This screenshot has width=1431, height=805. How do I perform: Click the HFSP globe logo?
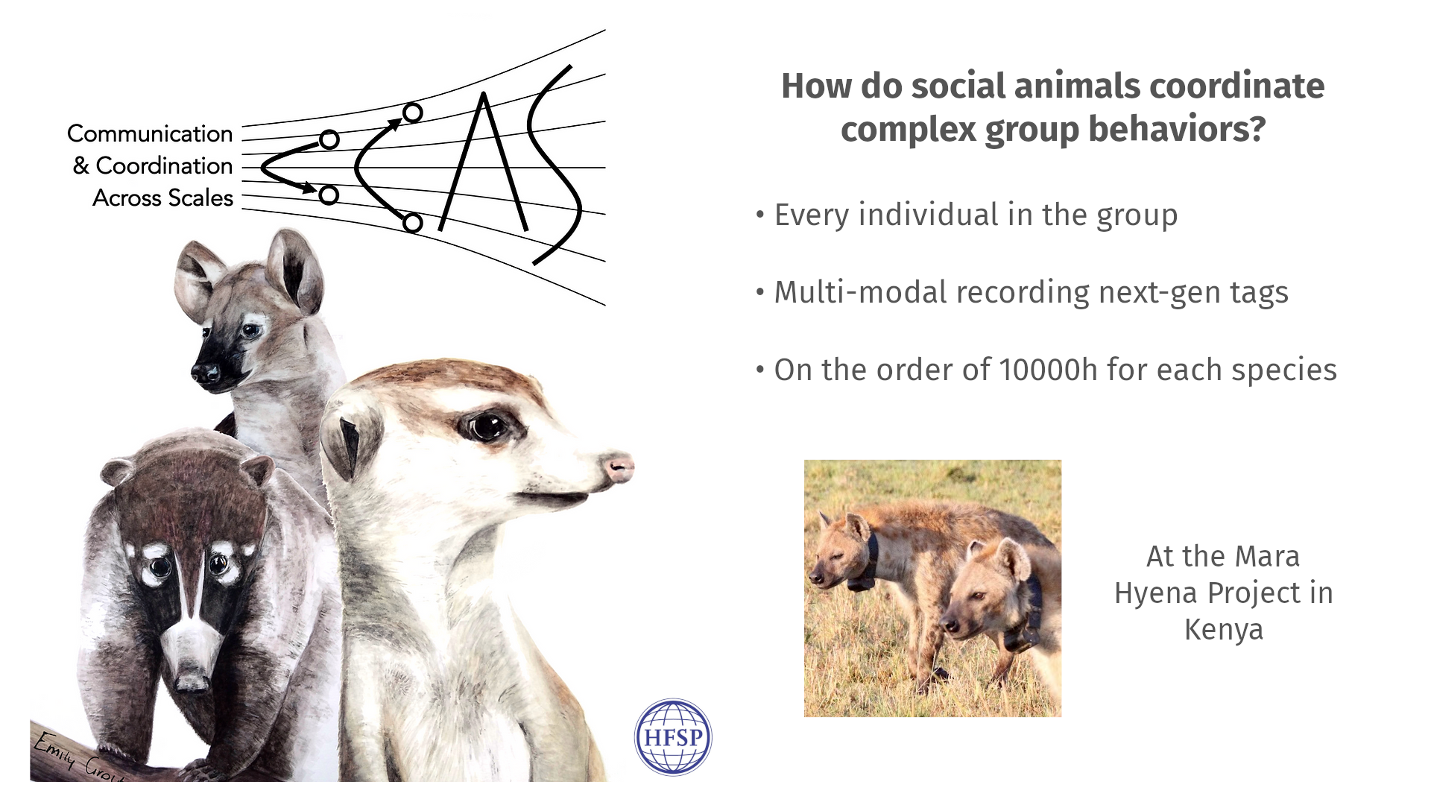click(673, 736)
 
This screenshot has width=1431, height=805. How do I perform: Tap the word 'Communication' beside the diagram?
click(150, 133)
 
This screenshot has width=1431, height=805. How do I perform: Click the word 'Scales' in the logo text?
click(200, 198)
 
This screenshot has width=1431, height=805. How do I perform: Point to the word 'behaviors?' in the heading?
click(1177, 129)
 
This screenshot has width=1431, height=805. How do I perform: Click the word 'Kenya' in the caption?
click(1224, 630)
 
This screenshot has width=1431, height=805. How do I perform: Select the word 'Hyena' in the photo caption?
click(1157, 593)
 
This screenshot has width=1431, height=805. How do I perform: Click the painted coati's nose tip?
click(192, 679)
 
